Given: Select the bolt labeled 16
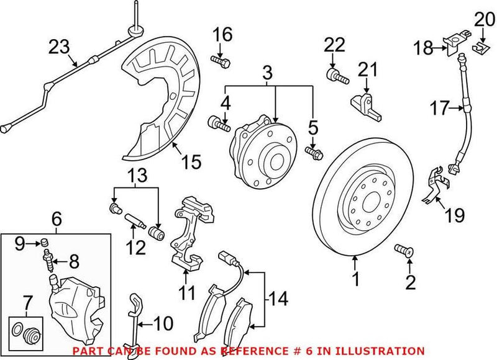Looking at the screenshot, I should (221, 61).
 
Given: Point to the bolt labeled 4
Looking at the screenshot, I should (220, 123).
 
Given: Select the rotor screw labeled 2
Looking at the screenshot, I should (404, 251).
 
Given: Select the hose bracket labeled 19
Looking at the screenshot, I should (434, 187).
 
